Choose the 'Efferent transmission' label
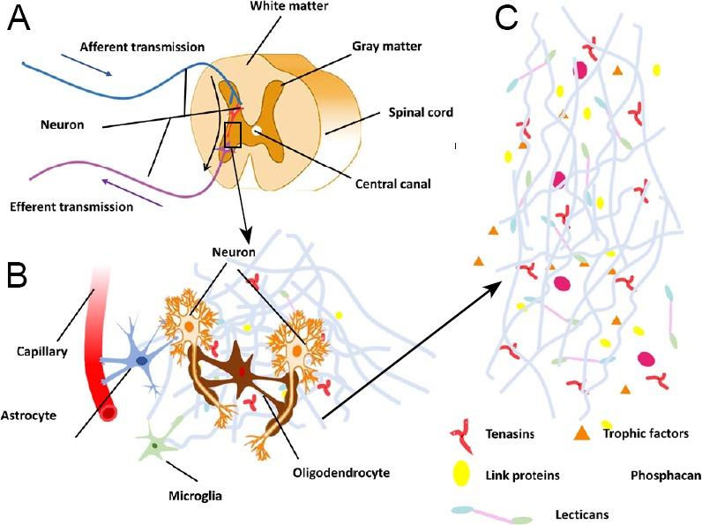click(x=71, y=207)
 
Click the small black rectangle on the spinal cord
click(x=233, y=135)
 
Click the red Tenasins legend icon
click(x=463, y=434)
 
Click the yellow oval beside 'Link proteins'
click(x=460, y=474)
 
